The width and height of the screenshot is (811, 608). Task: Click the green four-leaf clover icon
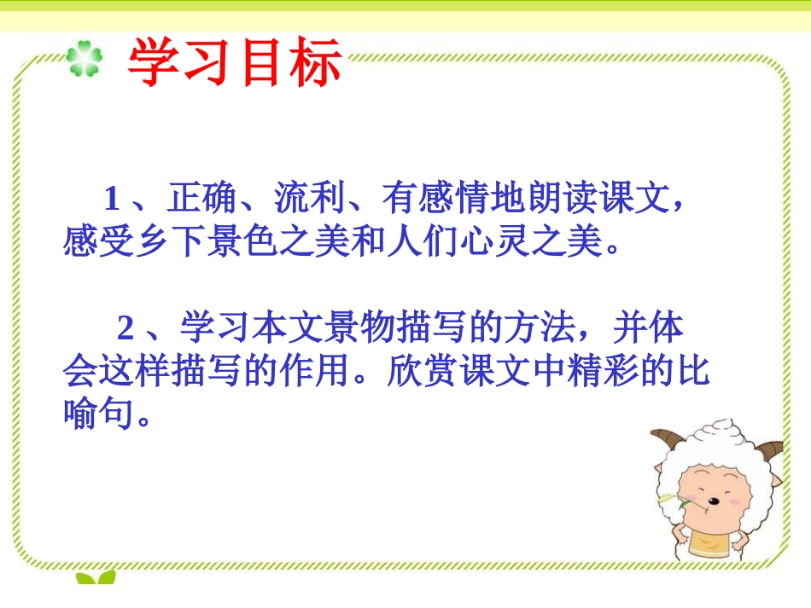(x=85, y=61)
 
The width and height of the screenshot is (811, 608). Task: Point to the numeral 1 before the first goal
(x=112, y=200)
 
